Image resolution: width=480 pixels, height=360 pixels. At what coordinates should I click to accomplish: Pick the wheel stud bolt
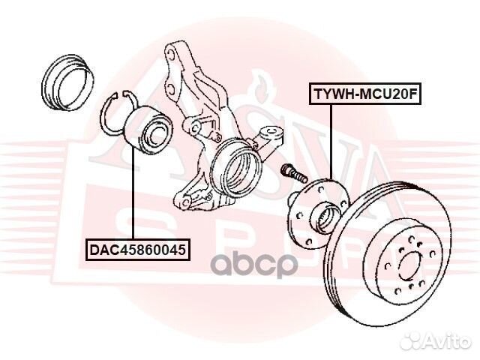tap(293, 173)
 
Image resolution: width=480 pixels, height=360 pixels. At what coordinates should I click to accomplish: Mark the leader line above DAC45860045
tap(134, 195)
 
